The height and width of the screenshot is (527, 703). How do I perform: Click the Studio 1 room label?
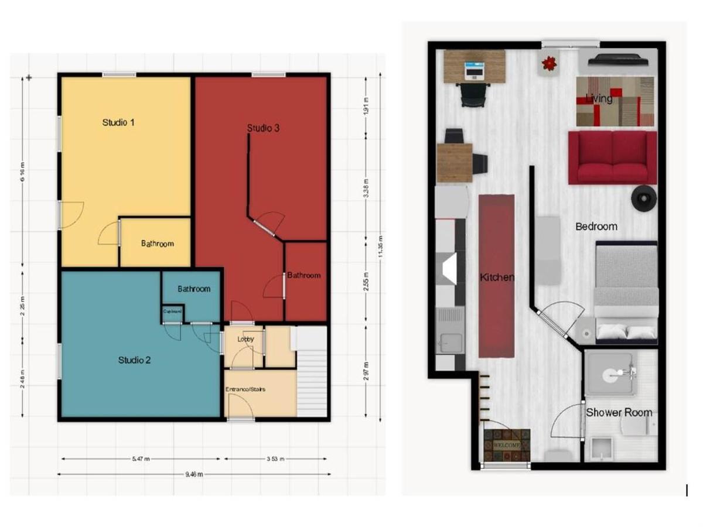click(x=119, y=122)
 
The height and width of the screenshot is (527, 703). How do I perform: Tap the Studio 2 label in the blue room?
click(x=135, y=360)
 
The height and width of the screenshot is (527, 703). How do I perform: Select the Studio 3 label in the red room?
click(x=263, y=128)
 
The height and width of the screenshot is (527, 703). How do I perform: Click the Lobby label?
click(x=245, y=339)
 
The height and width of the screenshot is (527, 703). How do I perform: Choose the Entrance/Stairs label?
click(x=246, y=389)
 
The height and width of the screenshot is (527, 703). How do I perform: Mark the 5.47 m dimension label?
click(x=141, y=460)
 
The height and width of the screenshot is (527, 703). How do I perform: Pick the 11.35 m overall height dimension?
click(x=381, y=247)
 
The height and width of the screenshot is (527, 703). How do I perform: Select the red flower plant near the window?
click(x=550, y=63)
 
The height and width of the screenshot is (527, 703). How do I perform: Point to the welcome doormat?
click(x=507, y=444)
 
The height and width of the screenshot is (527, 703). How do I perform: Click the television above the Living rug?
click(x=617, y=60)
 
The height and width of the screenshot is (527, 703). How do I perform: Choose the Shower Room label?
click(x=619, y=412)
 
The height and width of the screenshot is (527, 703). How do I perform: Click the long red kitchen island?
click(x=496, y=276)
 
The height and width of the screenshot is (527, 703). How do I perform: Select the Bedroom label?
click(x=596, y=227)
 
